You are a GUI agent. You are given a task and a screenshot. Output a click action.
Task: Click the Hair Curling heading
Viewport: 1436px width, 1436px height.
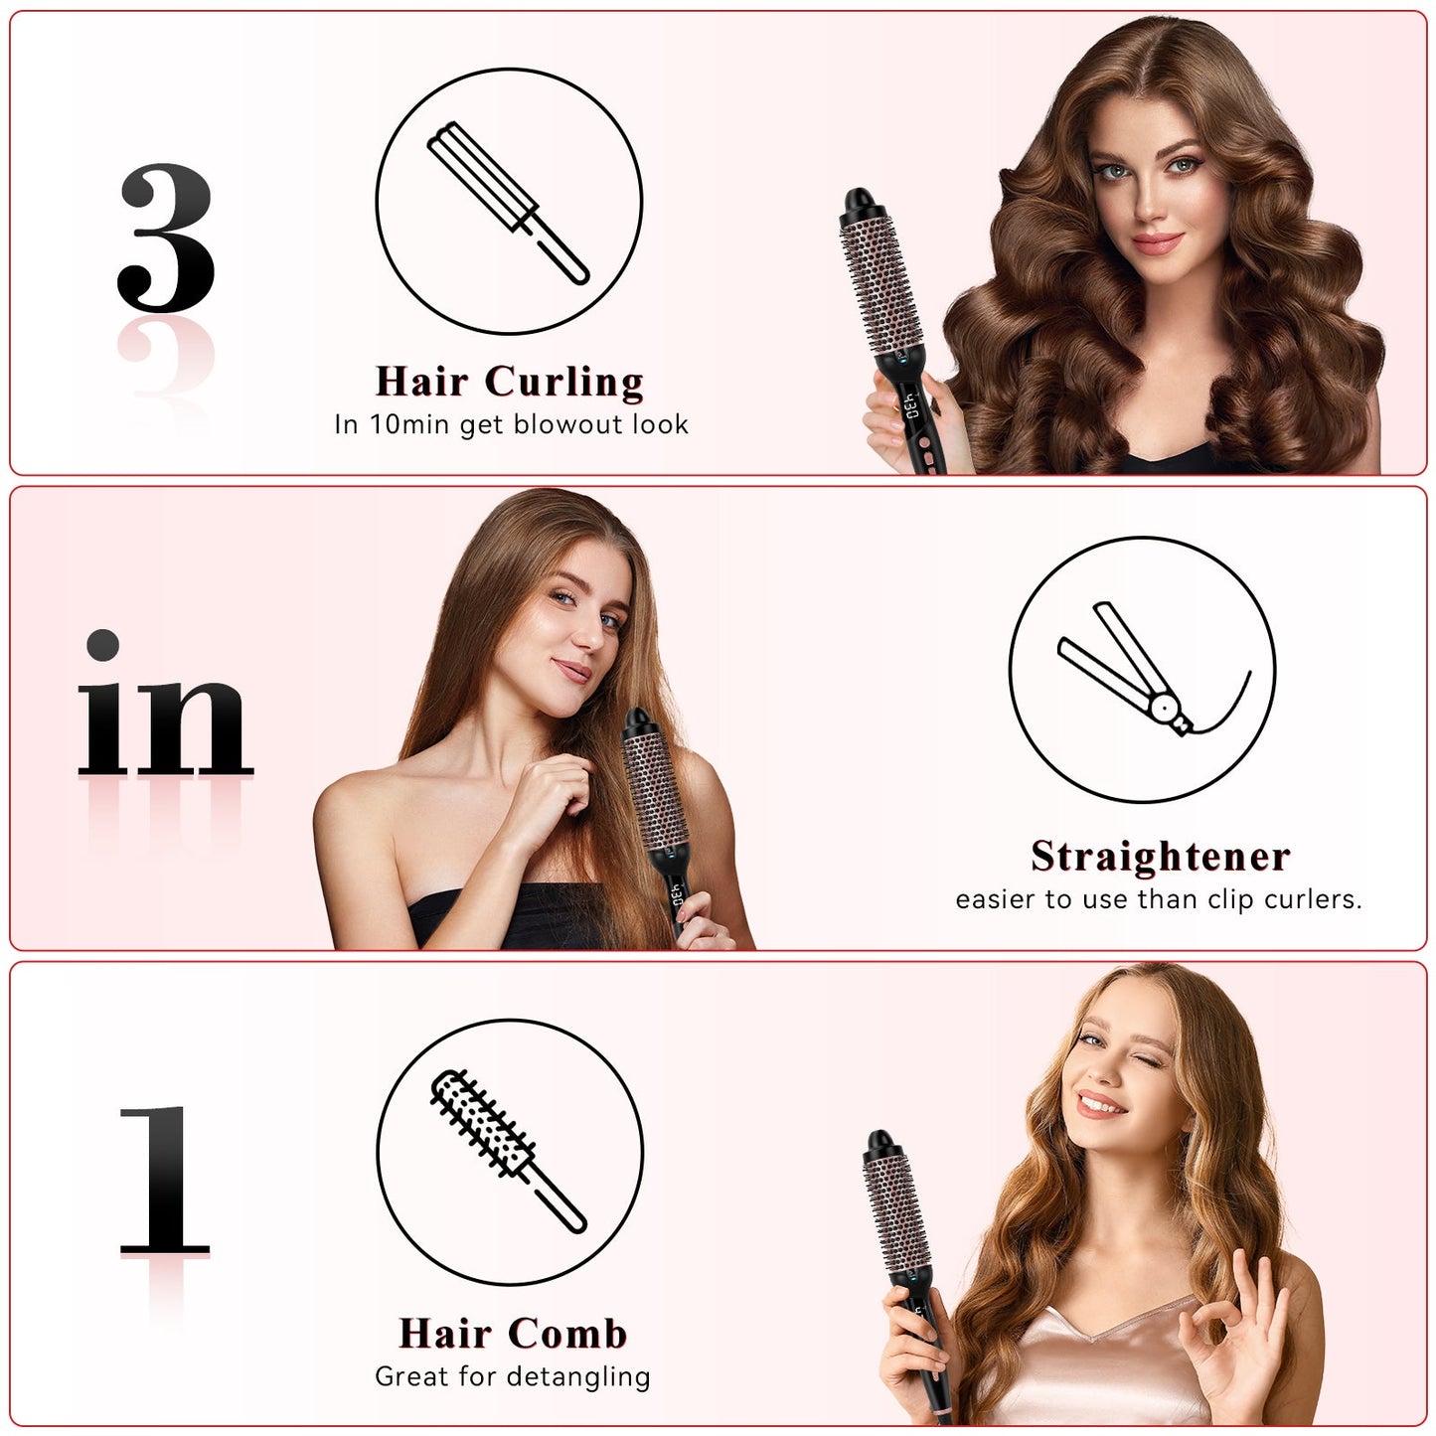click(510, 382)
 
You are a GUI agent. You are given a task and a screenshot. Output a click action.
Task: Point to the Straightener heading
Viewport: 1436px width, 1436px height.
click(1160, 857)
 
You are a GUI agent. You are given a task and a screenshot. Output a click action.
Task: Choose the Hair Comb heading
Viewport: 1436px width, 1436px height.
click(513, 1334)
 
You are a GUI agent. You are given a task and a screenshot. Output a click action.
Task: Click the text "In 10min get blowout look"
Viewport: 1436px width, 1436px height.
click(511, 425)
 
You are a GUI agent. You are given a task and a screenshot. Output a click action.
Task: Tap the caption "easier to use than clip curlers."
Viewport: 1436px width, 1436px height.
click(1159, 899)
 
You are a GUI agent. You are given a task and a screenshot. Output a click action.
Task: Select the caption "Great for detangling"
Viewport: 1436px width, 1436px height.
click(513, 1376)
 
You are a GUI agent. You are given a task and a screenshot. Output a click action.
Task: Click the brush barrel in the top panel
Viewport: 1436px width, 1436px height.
click(882, 288)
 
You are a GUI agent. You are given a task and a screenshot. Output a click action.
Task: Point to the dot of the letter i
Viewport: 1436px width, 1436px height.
click(102, 645)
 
